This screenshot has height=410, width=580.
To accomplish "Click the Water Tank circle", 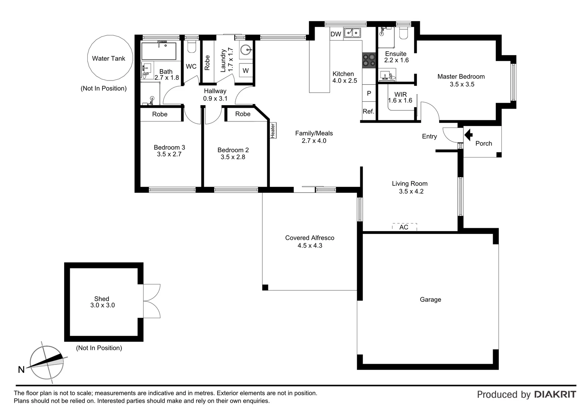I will (x=110, y=58).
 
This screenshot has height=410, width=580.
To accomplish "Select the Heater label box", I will (x=272, y=130).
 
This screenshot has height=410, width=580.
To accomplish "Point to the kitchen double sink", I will (x=352, y=33).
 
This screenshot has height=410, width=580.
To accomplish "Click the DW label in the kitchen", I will (x=336, y=34).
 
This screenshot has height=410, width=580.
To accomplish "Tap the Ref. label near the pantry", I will (x=368, y=111).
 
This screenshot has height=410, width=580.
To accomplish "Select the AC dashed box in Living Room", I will (x=404, y=227).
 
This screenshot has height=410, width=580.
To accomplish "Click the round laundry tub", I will (x=246, y=50).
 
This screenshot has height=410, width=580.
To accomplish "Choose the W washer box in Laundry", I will (x=246, y=71).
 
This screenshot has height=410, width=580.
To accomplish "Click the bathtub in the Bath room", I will (x=159, y=51).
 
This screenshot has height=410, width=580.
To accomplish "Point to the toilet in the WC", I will (x=191, y=47).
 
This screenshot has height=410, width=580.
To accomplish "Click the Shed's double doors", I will (x=152, y=301).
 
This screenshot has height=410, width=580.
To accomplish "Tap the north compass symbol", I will (x=47, y=363).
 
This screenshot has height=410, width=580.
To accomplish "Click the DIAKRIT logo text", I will (x=555, y=394).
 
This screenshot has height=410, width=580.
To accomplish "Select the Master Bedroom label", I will (x=461, y=77).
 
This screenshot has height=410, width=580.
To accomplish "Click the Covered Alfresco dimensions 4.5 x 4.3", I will (x=310, y=246).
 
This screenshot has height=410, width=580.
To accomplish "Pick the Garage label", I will (x=430, y=300).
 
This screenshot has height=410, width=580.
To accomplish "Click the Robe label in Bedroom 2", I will (x=243, y=114).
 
